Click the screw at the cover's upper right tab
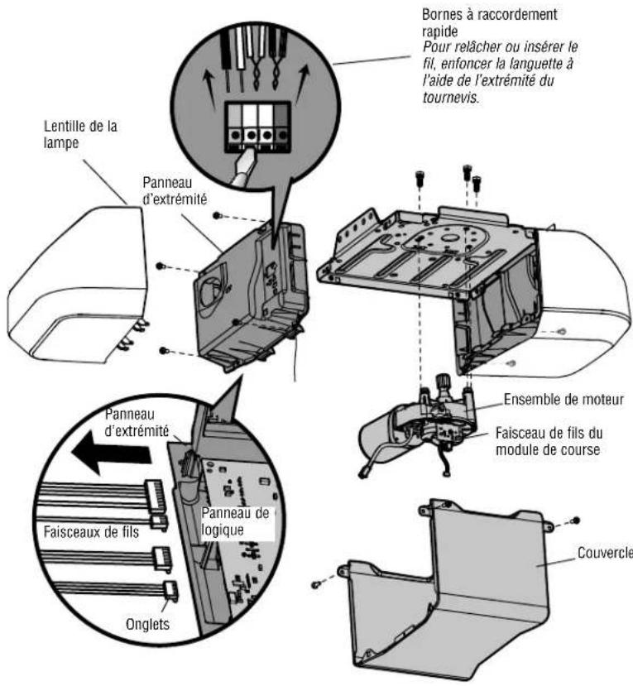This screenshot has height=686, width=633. click(x=577, y=520)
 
